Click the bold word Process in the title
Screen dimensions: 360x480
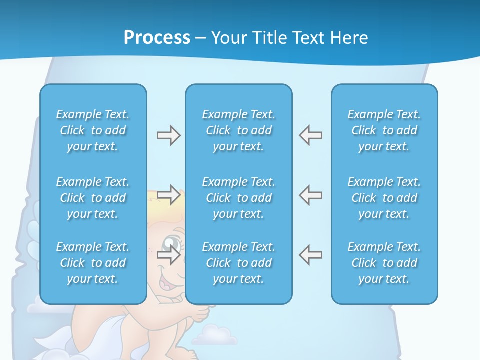[157, 38]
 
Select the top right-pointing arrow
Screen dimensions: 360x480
[168, 135]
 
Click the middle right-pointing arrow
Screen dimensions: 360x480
[168, 195]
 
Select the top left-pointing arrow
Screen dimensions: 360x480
[310, 135]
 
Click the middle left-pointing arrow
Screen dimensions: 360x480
[310, 195]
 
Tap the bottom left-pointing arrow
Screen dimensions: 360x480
[310, 255]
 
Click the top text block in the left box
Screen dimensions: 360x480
[93, 130]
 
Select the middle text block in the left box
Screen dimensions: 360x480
[93, 198]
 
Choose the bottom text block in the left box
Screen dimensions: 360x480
[93, 263]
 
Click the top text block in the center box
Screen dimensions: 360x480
[239, 130]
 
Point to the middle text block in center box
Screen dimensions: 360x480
[239, 198]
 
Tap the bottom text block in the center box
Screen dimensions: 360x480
[239, 263]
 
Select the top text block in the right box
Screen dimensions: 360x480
[384, 130]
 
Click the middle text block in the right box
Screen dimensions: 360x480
[384, 198]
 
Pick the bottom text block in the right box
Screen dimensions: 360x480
[384, 263]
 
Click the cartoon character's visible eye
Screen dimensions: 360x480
[172, 245]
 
